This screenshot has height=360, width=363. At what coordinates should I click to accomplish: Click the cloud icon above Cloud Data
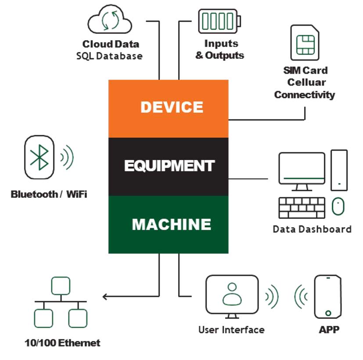click(x=109, y=21)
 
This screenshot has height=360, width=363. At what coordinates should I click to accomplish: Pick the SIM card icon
click(x=304, y=43)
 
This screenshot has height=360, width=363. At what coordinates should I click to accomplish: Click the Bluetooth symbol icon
click(x=40, y=157)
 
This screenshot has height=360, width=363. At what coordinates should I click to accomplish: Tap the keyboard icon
click(x=302, y=208)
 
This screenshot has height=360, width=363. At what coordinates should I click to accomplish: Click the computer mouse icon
click(x=337, y=206)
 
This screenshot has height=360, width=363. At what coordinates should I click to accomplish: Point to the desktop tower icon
click(x=339, y=170)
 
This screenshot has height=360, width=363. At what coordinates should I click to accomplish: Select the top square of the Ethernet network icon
click(x=61, y=285)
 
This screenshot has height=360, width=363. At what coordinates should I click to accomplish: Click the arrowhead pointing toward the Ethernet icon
click(x=105, y=297)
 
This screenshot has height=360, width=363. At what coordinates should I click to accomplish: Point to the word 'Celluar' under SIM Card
click(x=305, y=82)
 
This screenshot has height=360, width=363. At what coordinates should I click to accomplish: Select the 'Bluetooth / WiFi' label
click(x=49, y=194)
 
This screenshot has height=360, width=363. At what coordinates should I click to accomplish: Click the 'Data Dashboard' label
click(x=312, y=229)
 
